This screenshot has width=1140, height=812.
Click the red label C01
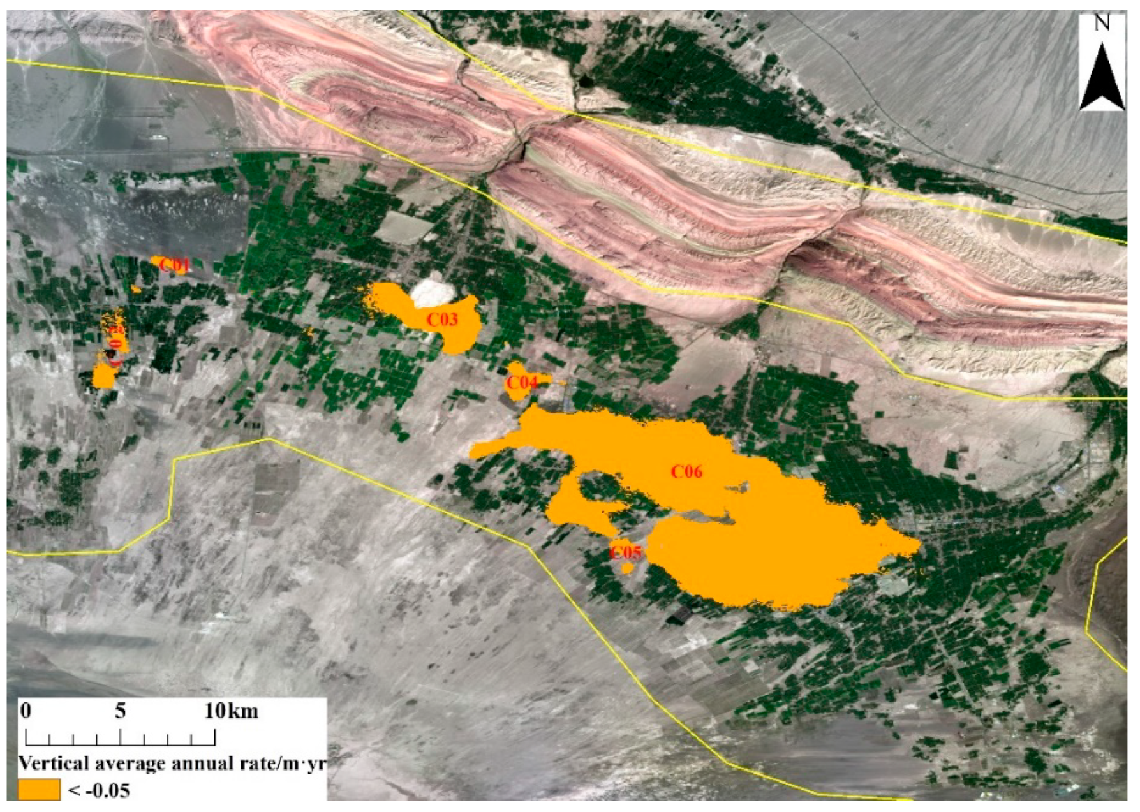click(175, 265)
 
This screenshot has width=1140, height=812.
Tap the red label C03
click(442, 320)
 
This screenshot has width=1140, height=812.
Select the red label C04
click(521, 383)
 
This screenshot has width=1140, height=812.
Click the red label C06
click(686, 472)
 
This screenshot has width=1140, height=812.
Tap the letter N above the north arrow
click(1102, 24)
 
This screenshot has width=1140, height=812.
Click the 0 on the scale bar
click(26, 711)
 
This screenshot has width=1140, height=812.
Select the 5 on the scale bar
click(121, 711)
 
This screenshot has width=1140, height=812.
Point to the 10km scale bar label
click(231, 711)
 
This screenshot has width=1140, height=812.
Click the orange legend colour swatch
click(38, 790)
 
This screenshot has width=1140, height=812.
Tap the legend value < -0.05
click(99, 791)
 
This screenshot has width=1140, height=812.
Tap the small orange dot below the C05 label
click(628, 568)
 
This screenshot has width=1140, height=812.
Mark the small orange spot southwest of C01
click(135, 290)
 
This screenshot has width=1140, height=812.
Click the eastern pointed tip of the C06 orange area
click(919, 545)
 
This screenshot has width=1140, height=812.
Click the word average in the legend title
click(127, 763)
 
